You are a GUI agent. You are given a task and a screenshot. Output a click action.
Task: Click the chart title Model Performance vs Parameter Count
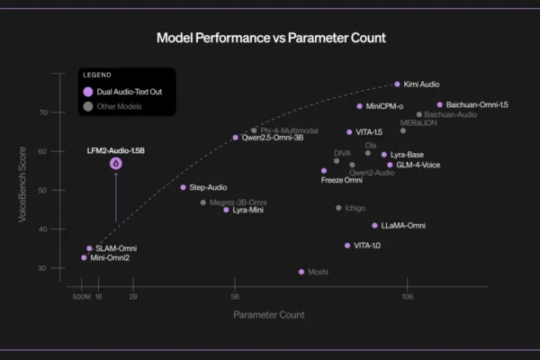pyautogui.click(x=271, y=38)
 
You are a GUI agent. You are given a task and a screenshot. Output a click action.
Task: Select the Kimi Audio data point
pyautogui.click(x=397, y=84)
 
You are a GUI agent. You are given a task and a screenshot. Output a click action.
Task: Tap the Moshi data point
pyautogui.click(x=301, y=271)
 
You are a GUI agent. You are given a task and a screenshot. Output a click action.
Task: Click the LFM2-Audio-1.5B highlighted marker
pyautogui.click(x=116, y=164)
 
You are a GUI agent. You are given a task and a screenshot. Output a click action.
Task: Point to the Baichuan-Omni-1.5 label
pyautogui.click(x=477, y=104)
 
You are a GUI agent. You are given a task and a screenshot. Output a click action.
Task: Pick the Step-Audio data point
pyautogui.click(x=183, y=187)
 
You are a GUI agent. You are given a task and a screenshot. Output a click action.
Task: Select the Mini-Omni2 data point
pyautogui.click(x=84, y=257)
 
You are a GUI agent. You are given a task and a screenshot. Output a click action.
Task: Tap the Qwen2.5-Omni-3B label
pyautogui.click(x=273, y=138)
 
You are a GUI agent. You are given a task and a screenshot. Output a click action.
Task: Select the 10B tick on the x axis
pyautogui.click(x=407, y=296)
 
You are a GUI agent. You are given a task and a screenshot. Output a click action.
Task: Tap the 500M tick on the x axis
pyautogui.click(x=80, y=296)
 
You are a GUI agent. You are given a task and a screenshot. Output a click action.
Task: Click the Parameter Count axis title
pyautogui.click(x=268, y=315)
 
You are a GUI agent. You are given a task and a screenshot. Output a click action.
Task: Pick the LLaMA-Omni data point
pyautogui.click(x=374, y=225)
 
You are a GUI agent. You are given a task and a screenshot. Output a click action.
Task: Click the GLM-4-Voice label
pyautogui.click(x=419, y=165)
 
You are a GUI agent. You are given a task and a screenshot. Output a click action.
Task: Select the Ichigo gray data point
pyautogui.click(x=338, y=208)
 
